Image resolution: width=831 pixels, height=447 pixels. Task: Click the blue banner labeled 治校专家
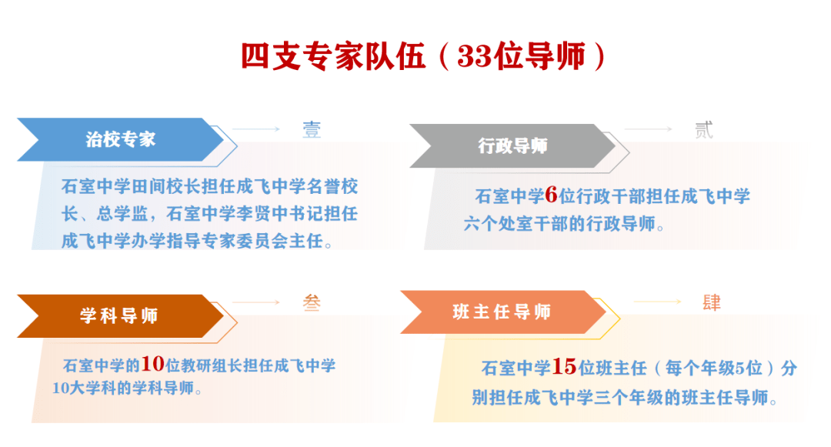click(x=120, y=139)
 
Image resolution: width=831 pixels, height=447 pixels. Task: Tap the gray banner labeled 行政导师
click(x=512, y=145)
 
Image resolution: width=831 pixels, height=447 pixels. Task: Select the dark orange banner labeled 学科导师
click(x=120, y=315)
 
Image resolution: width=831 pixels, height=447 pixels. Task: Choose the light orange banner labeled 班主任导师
click(x=503, y=312)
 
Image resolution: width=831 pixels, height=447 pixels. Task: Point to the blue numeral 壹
click(x=312, y=130)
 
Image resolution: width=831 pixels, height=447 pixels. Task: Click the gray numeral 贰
click(x=704, y=130)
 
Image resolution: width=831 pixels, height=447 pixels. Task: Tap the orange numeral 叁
click(x=312, y=302)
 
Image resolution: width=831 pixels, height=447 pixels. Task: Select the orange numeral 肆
click(x=712, y=302)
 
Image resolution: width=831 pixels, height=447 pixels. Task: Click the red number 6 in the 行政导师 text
click(x=551, y=195)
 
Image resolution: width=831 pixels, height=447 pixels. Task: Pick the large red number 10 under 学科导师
click(x=152, y=363)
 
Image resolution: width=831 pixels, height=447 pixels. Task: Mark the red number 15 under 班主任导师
click(x=564, y=366)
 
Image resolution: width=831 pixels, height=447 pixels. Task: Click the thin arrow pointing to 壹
click(x=256, y=128)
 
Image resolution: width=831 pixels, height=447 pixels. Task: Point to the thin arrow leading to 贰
click(x=648, y=128)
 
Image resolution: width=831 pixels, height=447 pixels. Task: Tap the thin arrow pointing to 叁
click(x=256, y=302)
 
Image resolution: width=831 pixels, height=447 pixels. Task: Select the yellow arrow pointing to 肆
click(x=658, y=302)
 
